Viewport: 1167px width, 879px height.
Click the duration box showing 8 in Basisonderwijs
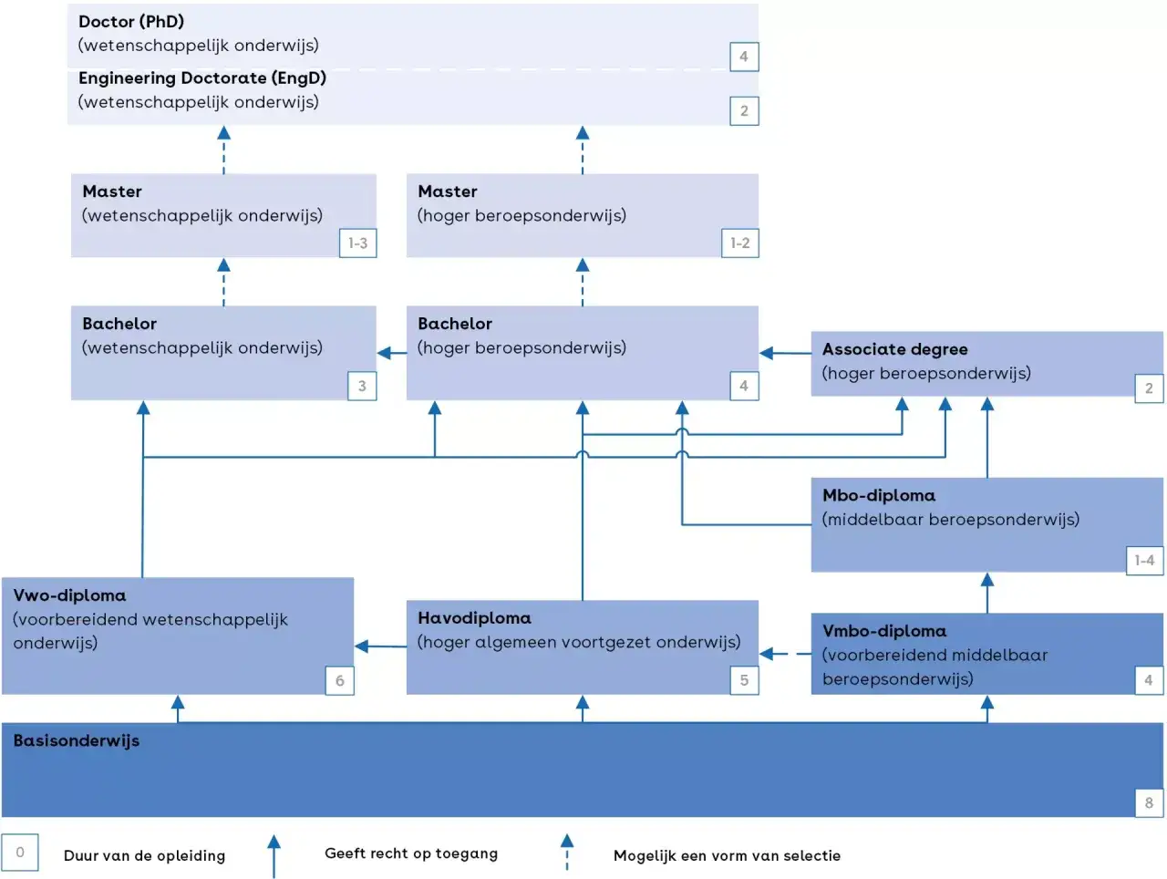point(1149,802)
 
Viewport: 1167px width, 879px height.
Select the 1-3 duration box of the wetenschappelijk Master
point(357,243)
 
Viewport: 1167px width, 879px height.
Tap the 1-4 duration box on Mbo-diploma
point(1145,560)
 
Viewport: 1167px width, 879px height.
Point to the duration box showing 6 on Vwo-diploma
point(340,680)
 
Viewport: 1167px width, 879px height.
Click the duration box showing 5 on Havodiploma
point(744,680)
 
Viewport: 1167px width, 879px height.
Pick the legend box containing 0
point(20,852)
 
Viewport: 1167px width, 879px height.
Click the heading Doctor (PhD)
point(131,21)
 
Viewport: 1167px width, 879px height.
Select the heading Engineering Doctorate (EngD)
point(202,78)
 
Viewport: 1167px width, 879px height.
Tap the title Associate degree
point(894,349)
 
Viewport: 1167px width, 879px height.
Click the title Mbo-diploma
point(878,495)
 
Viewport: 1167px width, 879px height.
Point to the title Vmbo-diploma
point(884,631)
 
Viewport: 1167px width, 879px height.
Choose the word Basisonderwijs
point(77,740)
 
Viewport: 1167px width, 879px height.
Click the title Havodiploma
point(474,618)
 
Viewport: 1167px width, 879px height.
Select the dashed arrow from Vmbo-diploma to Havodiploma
point(785,654)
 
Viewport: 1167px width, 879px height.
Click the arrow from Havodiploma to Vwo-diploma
point(381,646)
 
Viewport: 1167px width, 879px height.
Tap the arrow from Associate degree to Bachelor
point(785,353)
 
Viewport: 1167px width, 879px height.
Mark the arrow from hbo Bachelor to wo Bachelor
point(392,353)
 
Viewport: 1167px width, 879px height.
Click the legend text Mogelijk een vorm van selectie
point(727,855)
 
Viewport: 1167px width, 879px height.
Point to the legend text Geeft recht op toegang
point(411,853)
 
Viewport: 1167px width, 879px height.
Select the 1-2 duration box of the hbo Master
point(740,243)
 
